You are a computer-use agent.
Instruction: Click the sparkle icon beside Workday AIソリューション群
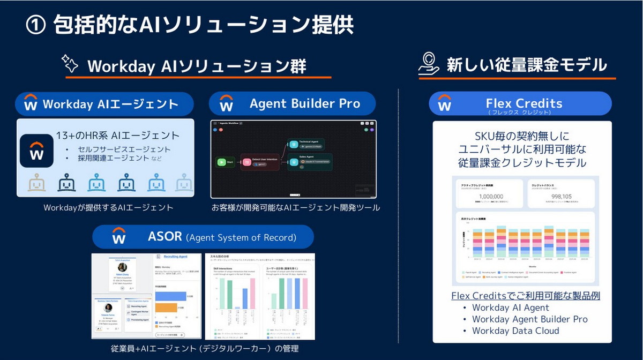[70, 64]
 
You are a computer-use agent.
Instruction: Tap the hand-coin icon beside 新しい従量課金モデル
[430, 64]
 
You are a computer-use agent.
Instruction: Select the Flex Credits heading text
[524, 103]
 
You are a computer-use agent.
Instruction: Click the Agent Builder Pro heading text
[305, 103]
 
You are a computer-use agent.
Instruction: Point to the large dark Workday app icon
[36, 151]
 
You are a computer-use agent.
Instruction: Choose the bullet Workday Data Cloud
[515, 331]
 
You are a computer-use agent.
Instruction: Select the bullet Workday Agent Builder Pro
[529, 319]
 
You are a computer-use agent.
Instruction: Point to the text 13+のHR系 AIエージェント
[117, 136]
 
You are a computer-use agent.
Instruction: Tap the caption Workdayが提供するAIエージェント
[109, 207]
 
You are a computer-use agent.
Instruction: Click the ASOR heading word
[166, 236]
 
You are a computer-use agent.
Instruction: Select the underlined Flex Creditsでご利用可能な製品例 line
[525, 296]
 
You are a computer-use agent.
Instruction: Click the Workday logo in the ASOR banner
[119, 236]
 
